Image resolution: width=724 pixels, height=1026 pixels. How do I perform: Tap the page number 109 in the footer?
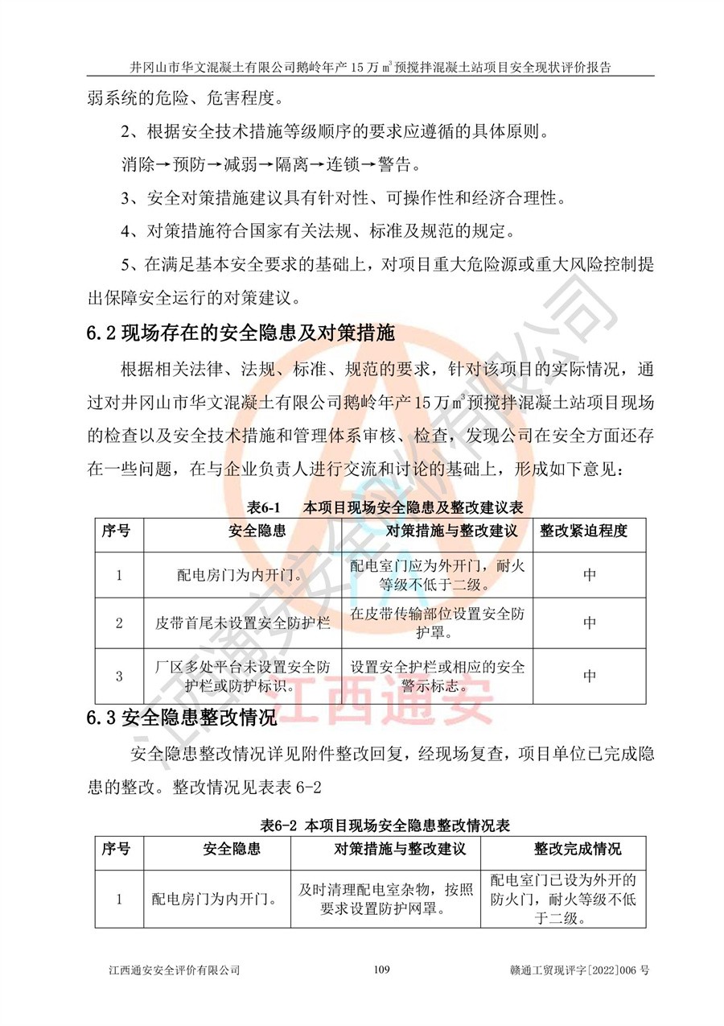[382, 970]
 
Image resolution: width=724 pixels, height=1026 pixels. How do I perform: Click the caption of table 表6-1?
[385, 507]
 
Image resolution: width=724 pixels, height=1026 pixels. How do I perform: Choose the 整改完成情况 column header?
[578, 850]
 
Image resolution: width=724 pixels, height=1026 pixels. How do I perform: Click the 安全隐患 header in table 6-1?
[243, 532]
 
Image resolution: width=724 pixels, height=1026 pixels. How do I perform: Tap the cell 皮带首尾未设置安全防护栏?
[243, 623]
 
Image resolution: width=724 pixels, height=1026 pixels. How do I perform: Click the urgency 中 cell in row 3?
[590, 676]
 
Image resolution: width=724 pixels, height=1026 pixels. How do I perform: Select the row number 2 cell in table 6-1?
[119, 623]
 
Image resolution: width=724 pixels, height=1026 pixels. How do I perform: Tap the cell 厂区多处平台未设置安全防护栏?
[243, 676]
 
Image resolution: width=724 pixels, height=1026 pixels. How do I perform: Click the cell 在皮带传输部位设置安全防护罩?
[437, 623]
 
